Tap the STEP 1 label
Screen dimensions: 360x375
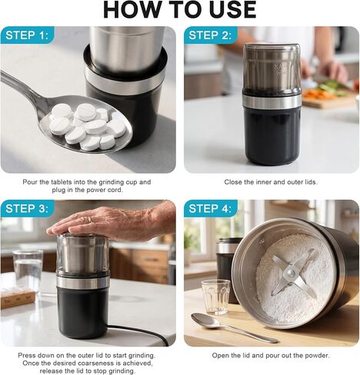point(27,35)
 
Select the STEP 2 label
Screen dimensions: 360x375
point(210,35)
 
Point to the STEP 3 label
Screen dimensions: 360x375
point(27,208)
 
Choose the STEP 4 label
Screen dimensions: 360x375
point(210,208)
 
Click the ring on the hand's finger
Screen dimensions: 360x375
point(90,220)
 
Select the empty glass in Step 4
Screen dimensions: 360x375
point(216,297)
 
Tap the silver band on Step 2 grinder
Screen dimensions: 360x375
point(272,101)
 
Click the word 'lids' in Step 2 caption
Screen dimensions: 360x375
point(311,182)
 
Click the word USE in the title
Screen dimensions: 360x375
point(232,9)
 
